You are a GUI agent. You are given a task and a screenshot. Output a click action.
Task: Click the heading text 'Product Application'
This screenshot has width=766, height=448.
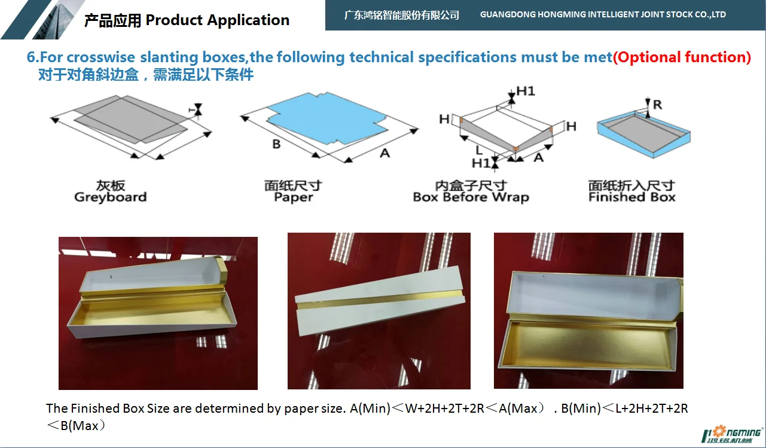point(217,20)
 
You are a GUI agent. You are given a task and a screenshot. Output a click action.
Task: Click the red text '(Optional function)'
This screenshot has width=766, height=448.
point(682,57)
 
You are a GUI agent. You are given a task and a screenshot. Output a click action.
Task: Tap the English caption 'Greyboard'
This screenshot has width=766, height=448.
point(110,197)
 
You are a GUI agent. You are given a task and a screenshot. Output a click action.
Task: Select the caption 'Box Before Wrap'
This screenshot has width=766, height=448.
point(471,197)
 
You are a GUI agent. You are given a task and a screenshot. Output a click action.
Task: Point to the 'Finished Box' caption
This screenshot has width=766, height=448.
point(631,197)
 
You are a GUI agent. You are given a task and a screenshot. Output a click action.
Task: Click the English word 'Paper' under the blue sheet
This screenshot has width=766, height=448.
point(293,197)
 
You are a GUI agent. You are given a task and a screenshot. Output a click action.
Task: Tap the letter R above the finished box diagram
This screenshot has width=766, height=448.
point(657,105)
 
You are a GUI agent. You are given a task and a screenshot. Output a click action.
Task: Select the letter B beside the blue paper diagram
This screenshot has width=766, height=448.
point(276,144)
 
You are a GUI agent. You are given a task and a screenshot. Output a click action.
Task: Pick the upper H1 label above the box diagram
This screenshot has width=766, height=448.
point(526,91)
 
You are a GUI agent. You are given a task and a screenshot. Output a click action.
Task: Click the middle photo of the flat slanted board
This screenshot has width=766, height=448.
point(379,311)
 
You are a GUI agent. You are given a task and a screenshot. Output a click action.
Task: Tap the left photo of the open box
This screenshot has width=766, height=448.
point(158,313)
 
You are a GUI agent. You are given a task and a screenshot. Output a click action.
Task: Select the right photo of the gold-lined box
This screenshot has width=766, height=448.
point(588,310)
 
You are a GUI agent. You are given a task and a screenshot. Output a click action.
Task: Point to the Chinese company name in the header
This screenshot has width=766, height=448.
point(401,15)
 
